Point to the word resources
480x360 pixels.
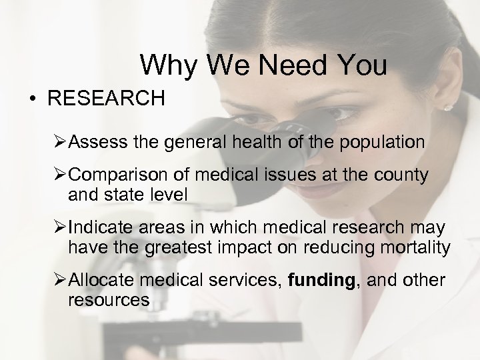pos(108,301)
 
